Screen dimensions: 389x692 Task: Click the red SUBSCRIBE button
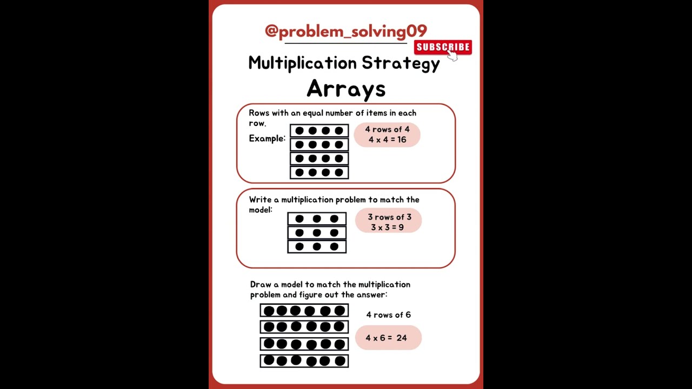tap(443, 47)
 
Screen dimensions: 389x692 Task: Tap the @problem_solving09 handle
tap(345, 31)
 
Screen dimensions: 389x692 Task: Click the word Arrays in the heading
tap(346, 89)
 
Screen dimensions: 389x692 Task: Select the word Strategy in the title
tap(401, 63)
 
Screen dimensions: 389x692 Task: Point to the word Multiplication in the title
tap(302, 63)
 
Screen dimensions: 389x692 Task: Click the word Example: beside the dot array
tap(267, 139)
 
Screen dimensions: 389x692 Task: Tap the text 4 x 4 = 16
tap(387, 139)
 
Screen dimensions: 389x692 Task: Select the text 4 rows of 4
tap(387, 129)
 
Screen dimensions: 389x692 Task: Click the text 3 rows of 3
tap(389, 217)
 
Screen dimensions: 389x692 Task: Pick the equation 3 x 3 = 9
tap(387, 227)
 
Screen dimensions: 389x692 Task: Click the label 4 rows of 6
tap(388, 314)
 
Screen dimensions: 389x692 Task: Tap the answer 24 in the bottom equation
tap(401, 338)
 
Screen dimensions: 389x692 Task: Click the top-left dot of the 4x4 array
tap(299, 131)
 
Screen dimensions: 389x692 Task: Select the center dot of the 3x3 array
tap(317, 233)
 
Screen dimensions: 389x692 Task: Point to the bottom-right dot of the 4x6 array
tap(340, 361)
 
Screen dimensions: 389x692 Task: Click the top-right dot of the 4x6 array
tap(340, 311)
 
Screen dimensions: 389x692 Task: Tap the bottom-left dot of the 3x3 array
tap(300, 247)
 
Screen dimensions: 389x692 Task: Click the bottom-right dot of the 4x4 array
tap(339, 172)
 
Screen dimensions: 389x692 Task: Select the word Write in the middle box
tap(260, 200)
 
